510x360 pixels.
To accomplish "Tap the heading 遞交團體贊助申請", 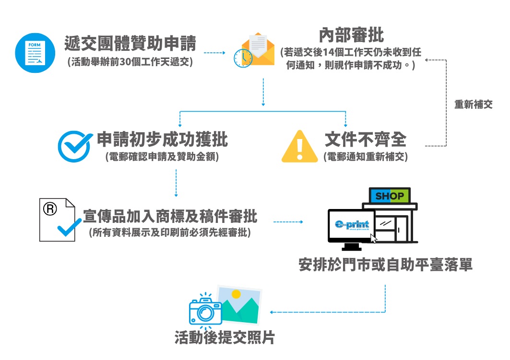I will (130, 44).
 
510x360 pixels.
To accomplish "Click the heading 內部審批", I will (351, 35).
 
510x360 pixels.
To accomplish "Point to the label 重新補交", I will (473, 105).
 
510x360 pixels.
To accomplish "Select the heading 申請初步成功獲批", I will (162, 139).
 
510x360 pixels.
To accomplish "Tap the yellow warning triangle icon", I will (299, 147).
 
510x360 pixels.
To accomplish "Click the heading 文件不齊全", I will (366, 139).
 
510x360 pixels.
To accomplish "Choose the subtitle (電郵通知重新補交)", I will (366, 157).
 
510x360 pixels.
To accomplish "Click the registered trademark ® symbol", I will (50, 209).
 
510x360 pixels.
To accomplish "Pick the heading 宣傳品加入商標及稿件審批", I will (170, 216).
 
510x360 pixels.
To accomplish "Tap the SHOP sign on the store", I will (389, 196).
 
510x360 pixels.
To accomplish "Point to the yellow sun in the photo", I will (236, 294).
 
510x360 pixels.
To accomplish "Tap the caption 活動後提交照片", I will (225, 337).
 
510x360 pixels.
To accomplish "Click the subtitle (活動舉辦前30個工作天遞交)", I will (130, 61).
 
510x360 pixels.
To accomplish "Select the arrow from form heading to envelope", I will (214, 52).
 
